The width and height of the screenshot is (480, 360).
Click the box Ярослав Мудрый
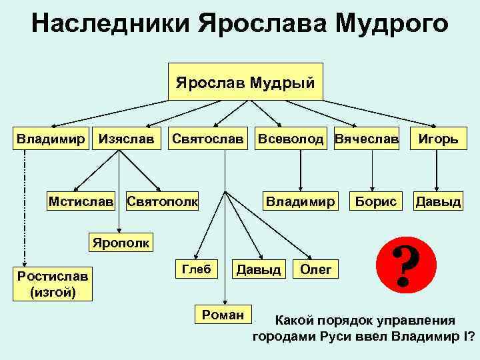[245, 82]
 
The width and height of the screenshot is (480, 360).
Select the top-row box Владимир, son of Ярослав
[51, 139]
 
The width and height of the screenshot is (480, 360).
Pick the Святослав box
[207, 139]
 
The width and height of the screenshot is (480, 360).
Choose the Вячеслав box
[366, 139]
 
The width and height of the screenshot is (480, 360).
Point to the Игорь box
[437, 139]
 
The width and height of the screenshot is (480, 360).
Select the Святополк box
[162, 200]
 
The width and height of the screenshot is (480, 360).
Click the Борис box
[376, 200]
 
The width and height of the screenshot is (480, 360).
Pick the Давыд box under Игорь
[437, 200]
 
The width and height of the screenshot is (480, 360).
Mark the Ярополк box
[121, 240]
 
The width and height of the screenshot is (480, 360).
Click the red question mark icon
[401, 264]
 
